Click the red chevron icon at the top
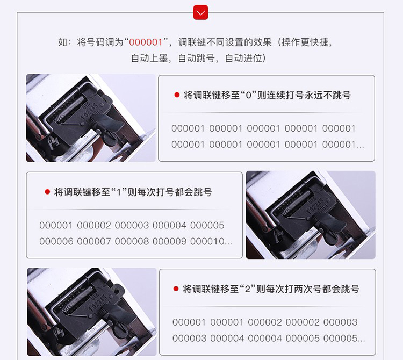coord(200,12)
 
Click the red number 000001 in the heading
coord(146,42)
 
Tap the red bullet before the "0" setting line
coord(177,95)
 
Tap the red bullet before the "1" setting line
coord(47,192)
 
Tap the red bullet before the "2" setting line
coord(176,289)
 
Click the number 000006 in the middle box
coord(56,241)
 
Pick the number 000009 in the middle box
coord(169,241)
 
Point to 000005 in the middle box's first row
coord(207,225)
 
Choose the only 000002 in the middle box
coord(94,225)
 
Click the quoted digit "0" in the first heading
coord(249,95)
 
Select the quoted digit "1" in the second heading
coord(119,192)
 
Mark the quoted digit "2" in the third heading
coord(248,289)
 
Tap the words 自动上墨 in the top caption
coord(149,59)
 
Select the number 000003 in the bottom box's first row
coord(340,322)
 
